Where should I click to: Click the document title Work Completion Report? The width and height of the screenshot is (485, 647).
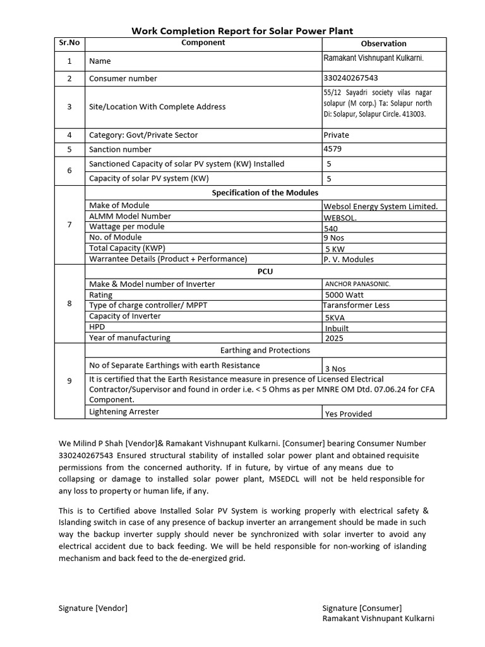click(242, 30)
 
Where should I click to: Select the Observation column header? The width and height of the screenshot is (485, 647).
click(383, 44)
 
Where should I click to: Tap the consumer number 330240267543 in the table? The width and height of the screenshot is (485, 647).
click(350, 78)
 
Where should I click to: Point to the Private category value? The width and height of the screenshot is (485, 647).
click(336, 135)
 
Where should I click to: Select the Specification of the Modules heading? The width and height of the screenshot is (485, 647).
click(265, 193)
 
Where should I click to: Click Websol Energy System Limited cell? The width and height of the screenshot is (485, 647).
click(380, 206)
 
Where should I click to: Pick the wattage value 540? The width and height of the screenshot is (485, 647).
click(331, 228)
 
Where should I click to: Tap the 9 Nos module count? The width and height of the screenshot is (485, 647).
click(334, 238)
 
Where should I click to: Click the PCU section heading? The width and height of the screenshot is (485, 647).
click(265, 271)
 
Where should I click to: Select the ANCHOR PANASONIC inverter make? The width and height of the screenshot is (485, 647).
click(357, 284)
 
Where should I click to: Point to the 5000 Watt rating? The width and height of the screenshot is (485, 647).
click(344, 294)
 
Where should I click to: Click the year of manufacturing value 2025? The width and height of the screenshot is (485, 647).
click(335, 338)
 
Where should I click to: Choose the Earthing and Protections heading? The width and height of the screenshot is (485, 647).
click(265, 350)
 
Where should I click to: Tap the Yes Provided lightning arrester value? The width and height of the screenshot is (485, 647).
click(348, 414)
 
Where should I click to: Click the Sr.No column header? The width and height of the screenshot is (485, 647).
click(69, 43)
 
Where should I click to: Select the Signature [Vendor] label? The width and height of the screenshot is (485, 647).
click(93, 608)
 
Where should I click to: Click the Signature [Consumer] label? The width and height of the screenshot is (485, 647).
click(362, 608)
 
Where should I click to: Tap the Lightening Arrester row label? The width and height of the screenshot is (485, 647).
click(124, 411)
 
